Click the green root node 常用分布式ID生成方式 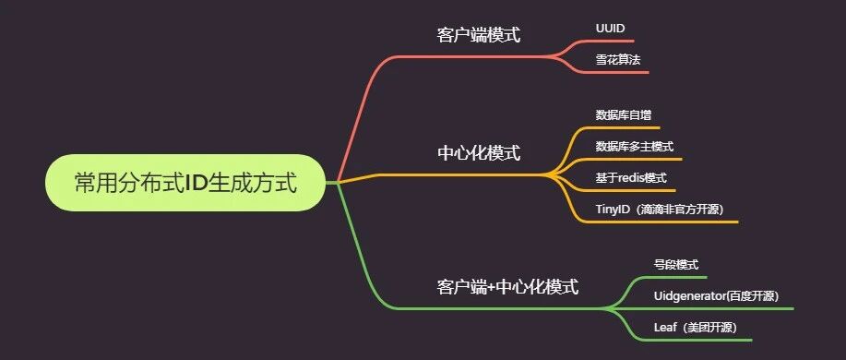(x=185, y=183)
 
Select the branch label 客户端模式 (x=479, y=36)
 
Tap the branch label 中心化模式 (x=479, y=153)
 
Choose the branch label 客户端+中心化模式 (x=507, y=286)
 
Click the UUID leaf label (x=610, y=29)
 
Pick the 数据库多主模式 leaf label (x=635, y=146)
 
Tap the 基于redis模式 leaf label (x=631, y=177)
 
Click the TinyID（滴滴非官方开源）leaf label (x=660, y=210)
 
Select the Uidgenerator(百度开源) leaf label (x=716, y=296)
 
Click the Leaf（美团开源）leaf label (x=695, y=328)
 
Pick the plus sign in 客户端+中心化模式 (x=491, y=287)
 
